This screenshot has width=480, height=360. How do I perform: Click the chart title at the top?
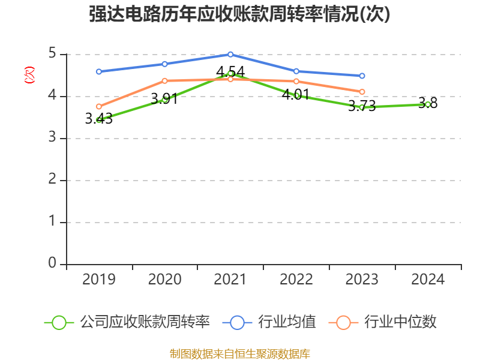(239, 14)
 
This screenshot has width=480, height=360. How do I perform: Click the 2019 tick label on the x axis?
(98, 279)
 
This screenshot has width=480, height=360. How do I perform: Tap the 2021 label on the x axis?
(230, 279)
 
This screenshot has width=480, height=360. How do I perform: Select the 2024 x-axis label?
(428, 279)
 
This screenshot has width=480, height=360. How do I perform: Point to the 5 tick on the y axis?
(52, 54)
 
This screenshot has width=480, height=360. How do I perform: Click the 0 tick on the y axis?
(52, 263)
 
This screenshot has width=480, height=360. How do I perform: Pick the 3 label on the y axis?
(52, 138)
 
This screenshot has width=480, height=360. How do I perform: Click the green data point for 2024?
(428, 104)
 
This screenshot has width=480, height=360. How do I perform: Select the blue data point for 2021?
(230, 54)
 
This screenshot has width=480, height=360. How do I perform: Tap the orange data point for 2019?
(98, 107)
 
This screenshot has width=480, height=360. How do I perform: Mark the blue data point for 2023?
(362, 76)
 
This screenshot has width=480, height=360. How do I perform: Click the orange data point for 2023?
(362, 92)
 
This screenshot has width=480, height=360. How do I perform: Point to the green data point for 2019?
(98, 120)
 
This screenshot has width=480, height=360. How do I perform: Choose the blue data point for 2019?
(98, 71)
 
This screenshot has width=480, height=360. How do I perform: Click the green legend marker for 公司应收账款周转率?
(59, 322)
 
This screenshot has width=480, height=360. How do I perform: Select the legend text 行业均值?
(287, 322)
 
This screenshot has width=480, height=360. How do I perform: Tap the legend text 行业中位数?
(400, 322)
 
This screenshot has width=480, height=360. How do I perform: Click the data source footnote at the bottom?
(239, 353)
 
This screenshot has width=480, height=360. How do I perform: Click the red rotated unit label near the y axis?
(29, 75)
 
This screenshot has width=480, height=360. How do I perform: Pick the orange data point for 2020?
(164, 80)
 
